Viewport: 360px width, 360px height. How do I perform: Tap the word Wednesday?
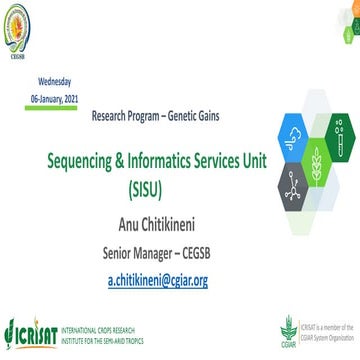click(56, 79)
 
